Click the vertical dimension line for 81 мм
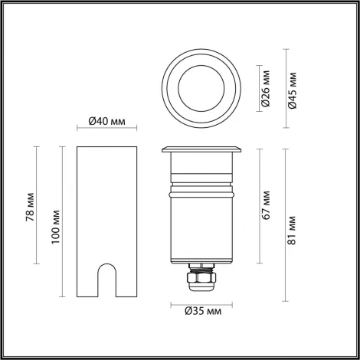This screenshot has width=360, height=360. pos(286,222)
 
